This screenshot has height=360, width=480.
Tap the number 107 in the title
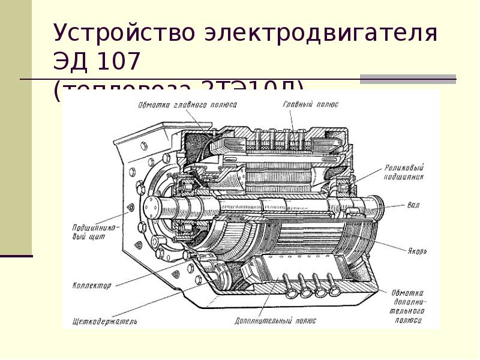tap(120, 62)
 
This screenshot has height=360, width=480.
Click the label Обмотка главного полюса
tap(187, 104)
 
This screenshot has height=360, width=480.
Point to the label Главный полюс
tap(310, 104)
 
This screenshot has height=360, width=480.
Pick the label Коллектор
tap(91, 286)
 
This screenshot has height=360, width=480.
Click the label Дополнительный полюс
tap(268, 320)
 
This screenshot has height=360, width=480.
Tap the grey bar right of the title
tap(407, 78)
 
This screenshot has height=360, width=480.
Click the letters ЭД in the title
tap(70, 62)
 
